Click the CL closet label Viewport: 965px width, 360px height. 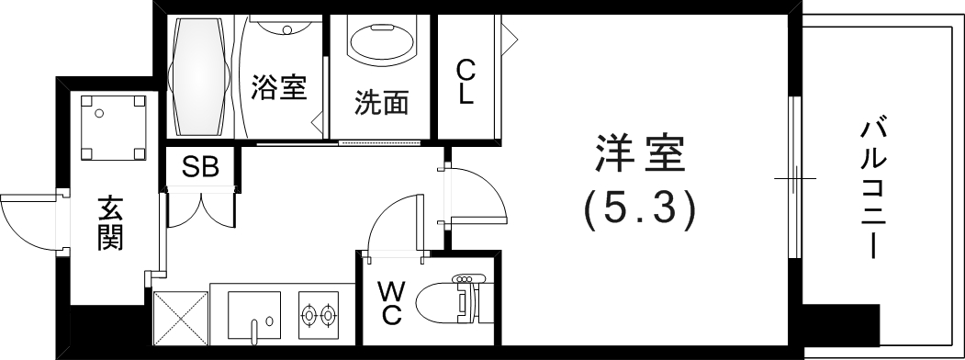point(466,82)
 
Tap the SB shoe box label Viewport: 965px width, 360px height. point(199,168)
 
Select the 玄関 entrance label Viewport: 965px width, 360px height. point(110,226)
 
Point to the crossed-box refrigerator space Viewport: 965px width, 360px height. point(179,317)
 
